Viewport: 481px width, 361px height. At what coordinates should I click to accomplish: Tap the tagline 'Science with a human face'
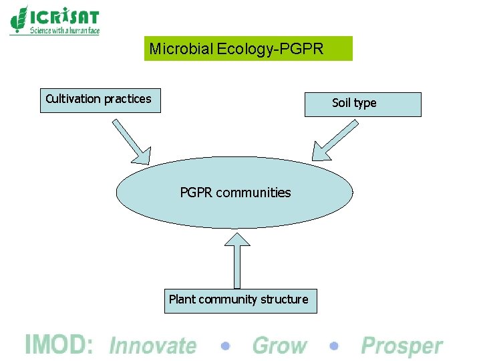(x=64, y=31)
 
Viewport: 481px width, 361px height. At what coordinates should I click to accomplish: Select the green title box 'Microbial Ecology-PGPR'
(x=248, y=49)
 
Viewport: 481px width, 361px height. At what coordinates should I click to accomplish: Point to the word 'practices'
(x=128, y=99)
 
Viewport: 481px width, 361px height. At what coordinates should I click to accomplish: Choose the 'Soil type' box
(x=363, y=104)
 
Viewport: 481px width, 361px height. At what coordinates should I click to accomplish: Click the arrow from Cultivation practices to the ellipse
(x=132, y=141)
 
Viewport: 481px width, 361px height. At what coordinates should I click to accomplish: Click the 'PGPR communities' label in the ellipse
(x=235, y=193)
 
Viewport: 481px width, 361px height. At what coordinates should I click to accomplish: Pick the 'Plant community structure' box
(x=240, y=300)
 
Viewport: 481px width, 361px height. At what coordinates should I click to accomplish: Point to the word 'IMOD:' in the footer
(x=58, y=345)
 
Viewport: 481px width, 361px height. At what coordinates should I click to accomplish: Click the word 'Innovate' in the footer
(x=152, y=346)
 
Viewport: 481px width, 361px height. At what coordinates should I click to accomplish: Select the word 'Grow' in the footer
(x=279, y=346)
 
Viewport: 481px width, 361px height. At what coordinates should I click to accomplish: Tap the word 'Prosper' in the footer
(x=402, y=346)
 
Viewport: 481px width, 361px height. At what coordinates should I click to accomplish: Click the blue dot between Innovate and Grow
(x=226, y=346)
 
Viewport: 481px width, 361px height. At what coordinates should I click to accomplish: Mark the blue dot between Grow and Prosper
(x=335, y=346)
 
